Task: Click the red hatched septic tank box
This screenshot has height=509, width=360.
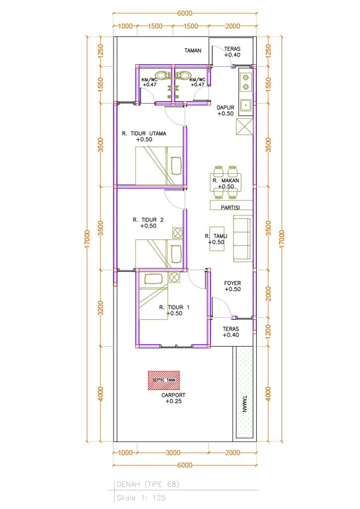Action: tap(163, 380)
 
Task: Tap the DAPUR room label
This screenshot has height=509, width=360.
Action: tap(225, 108)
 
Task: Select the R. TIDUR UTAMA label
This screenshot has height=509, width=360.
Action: tap(144, 134)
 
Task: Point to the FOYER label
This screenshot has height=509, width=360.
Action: tap(232, 283)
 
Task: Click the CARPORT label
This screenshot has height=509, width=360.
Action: tap(173, 395)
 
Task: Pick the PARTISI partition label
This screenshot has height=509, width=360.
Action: tap(230, 207)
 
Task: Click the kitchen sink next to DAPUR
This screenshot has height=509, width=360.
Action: tap(245, 106)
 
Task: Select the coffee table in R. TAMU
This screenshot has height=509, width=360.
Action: tap(217, 239)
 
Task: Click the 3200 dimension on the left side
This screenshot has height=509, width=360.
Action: tap(101, 308)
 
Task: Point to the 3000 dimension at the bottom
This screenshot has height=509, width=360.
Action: tap(173, 453)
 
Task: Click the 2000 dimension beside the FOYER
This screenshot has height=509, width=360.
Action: tap(268, 294)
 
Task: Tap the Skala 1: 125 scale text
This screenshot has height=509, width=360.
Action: tap(141, 498)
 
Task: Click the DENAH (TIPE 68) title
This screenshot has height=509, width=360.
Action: tap(148, 484)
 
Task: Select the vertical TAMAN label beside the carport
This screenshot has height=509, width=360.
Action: tap(245, 404)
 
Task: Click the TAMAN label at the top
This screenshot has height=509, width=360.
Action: tap(193, 51)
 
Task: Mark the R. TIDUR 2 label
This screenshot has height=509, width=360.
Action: tap(148, 220)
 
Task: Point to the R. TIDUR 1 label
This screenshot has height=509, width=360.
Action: tap(174, 308)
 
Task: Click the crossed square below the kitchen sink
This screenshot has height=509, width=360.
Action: tap(244, 127)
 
